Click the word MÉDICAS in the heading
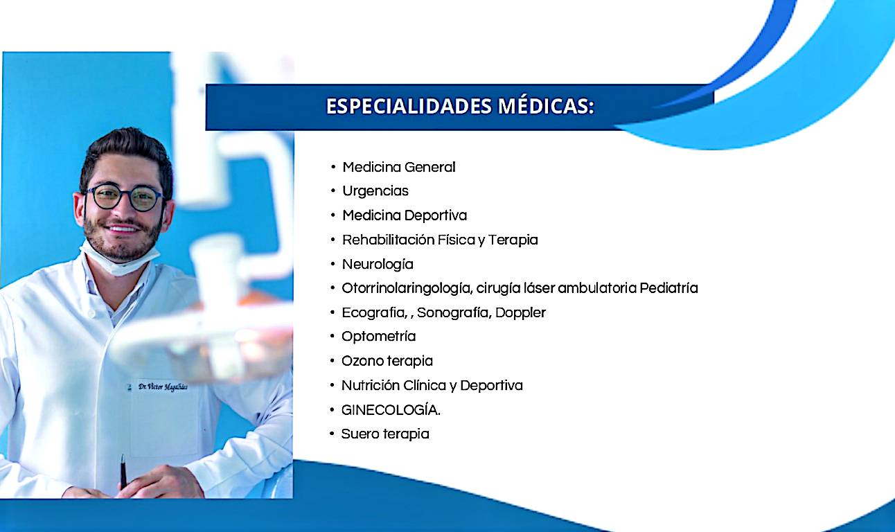(x=546, y=106)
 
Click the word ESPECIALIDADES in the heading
(x=409, y=107)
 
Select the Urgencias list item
(x=375, y=191)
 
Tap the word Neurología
(x=378, y=265)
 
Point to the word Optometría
(x=378, y=337)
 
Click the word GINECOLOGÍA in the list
(x=389, y=410)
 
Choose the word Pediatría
(x=668, y=288)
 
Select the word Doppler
(x=520, y=312)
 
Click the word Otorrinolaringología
(x=407, y=289)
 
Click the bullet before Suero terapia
(x=332, y=434)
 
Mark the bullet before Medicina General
(x=333, y=167)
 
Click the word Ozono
(x=362, y=361)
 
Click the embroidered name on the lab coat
(x=163, y=387)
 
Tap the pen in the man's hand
(x=123, y=472)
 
